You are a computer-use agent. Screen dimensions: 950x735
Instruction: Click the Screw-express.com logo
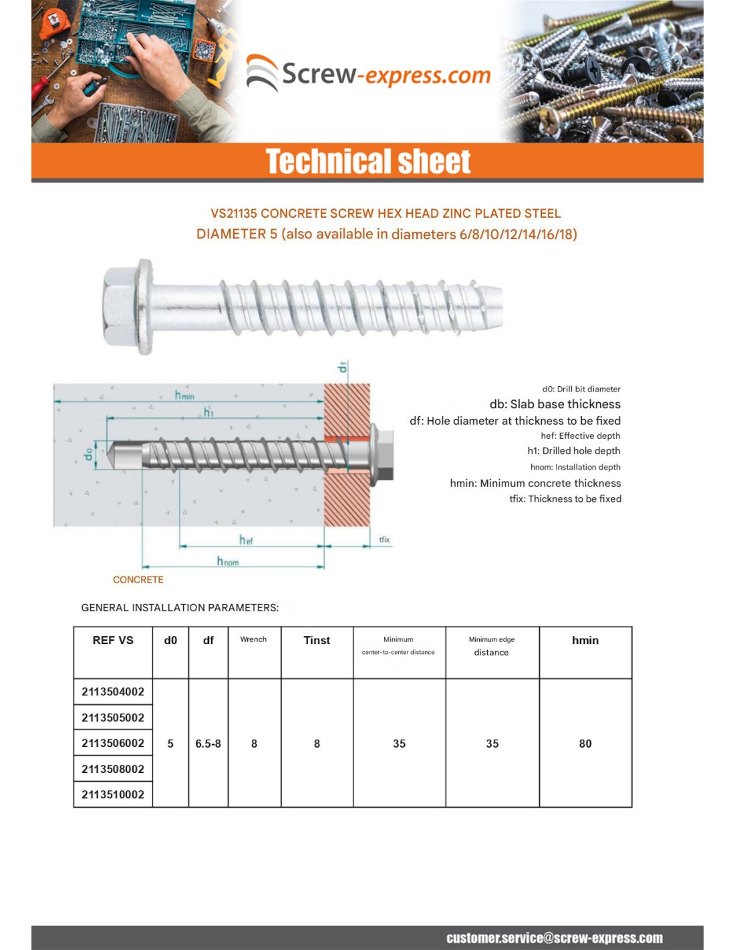pyautogui.click(x=369, y=73)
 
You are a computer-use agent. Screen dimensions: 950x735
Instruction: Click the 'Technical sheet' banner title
pyautogui.click(x=367, y=162)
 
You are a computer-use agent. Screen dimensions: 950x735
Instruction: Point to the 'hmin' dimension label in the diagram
pyautogui.click(x=184, y=395)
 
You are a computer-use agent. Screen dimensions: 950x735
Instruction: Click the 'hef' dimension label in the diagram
pyautogui.click(x=246, y=539)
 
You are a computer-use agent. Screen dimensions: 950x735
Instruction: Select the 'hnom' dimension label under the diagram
pyautogui.click(x=227, y=561)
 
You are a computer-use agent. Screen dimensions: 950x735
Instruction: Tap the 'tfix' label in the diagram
pyautogui.click(x=384, y=540)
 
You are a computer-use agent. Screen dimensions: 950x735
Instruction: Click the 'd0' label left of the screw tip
pyautogui.click(x=89, y=454)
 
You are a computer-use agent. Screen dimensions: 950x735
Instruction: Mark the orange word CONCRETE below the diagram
pyautogui.click(x=138, y=580)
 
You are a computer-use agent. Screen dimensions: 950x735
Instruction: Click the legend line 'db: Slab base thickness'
pyautogui.click(x=555, y=404)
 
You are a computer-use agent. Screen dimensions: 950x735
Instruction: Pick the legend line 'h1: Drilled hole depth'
pyautogui.click(x=573, y=451)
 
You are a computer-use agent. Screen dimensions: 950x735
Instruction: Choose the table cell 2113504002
pyautogui.click(x=113, y=692)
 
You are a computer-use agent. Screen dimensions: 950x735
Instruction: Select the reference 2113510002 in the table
pyautogui.click(x=113, y=794)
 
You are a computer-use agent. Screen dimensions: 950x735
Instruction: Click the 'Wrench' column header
pyautogui.click(x=253, y=639)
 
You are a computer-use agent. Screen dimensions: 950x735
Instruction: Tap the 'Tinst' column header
pyautogui.click(x=317, y=640)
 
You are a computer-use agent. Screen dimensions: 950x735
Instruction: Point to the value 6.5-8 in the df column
pyautogui.click(x=208, y=744)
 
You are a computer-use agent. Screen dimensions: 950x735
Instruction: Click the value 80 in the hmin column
pyautogui.click(x=585, y=744)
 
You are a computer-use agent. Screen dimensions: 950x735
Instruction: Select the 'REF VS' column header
pyautogui.click(x=113, y=640)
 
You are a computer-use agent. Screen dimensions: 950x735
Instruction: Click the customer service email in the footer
pyautogui.click(x=555, y=938)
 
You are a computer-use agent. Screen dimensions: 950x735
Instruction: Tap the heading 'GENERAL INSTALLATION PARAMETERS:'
pyautogui.click(x=180, y=608)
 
